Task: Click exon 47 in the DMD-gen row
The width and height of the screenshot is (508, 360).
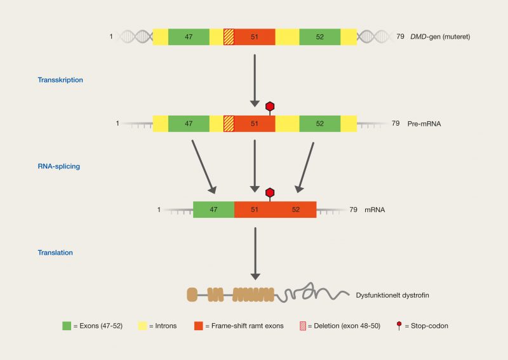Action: click(x=189, y=37)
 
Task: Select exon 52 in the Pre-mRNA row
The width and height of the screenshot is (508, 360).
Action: click(x=319, y=123)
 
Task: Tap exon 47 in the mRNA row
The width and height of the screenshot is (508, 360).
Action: click(x=213, y=210)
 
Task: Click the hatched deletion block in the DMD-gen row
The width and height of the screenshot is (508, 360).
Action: click(x=229, y=37)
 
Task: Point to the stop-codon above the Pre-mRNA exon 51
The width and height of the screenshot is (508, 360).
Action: click(x=270, y=107)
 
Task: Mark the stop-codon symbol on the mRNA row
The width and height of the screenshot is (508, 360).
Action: click(x=270, y=193)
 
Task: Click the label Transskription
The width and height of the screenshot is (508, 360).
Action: click(x=61, y=80)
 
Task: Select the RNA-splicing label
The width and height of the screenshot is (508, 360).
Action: click(x=60, y=166)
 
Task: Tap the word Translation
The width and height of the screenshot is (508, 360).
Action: click(x=55, y=252)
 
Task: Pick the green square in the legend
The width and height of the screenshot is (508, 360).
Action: click(x=67, y=326)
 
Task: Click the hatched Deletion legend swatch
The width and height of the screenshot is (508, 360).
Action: click(x=304, y=326)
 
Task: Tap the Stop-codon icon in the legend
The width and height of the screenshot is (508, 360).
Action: click(x=399, y=326)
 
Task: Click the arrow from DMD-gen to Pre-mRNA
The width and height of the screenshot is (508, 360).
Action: click(x=254, y=79)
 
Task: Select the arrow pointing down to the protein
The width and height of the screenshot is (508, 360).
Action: click(x=254, y=253)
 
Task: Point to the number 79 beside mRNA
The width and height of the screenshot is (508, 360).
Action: click(x=354, y=210)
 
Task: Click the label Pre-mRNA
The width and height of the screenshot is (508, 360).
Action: click(x=424, y=124)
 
